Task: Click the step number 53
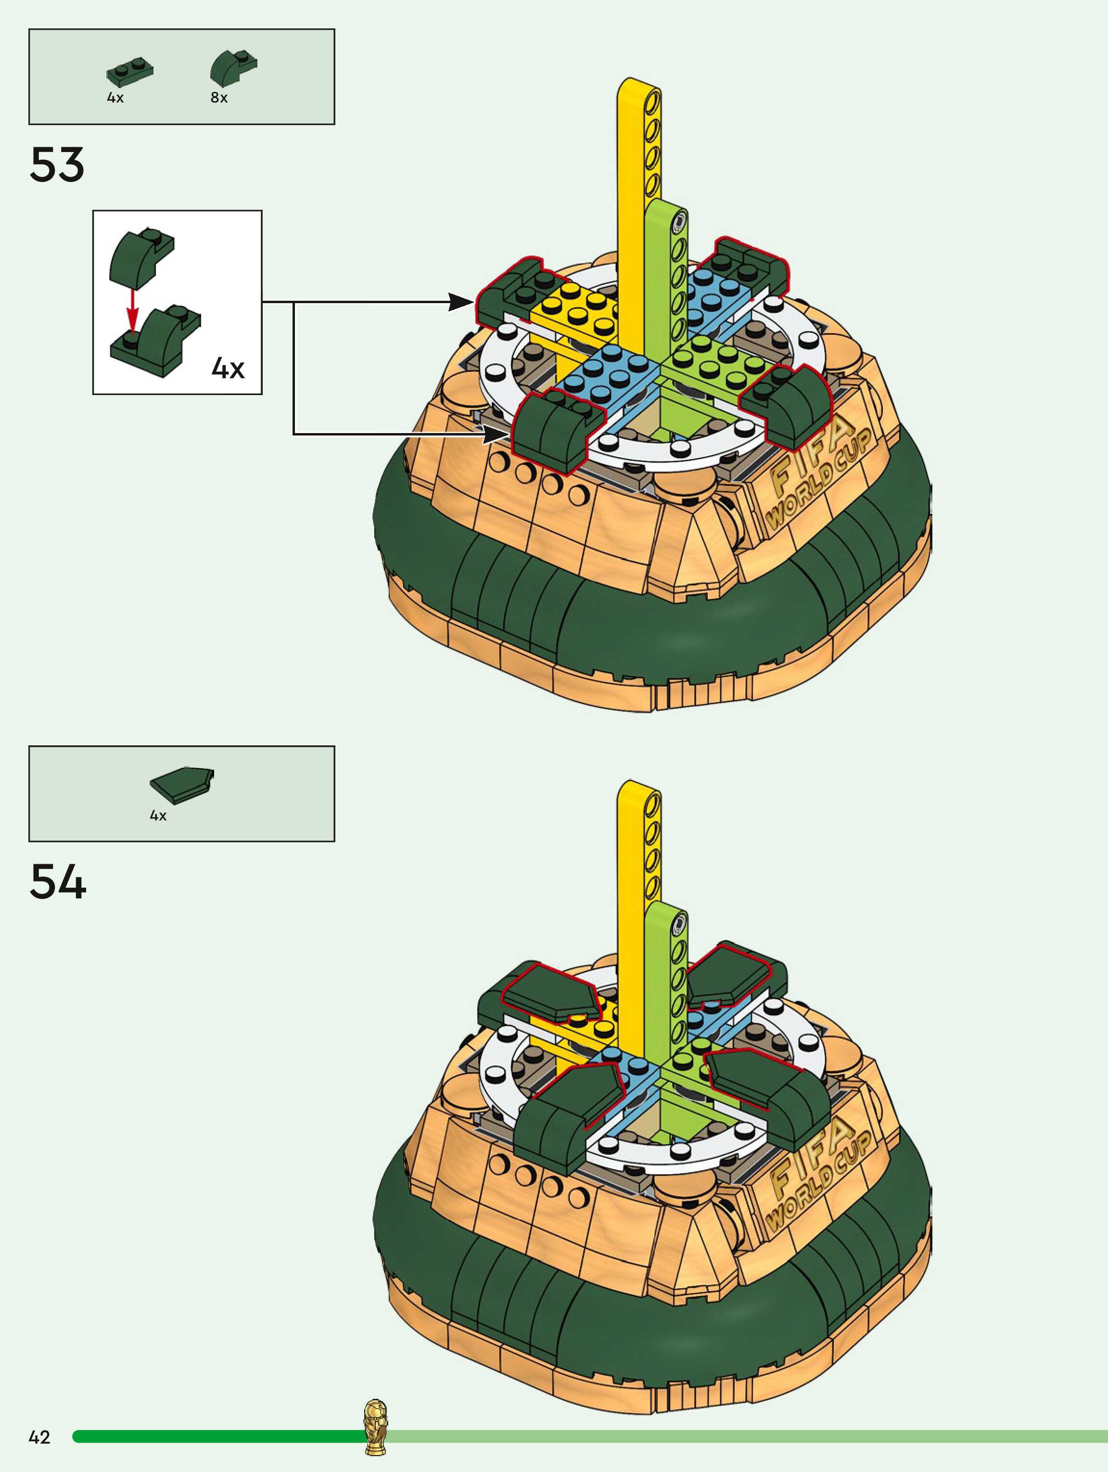coord(57,165)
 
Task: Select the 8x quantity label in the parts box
coord(219,98)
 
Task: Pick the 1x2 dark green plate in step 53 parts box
coord(130,71)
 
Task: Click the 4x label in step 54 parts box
coord(158,816)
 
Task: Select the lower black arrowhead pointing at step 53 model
coord(496,435)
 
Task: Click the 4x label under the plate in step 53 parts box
coord(115,98)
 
